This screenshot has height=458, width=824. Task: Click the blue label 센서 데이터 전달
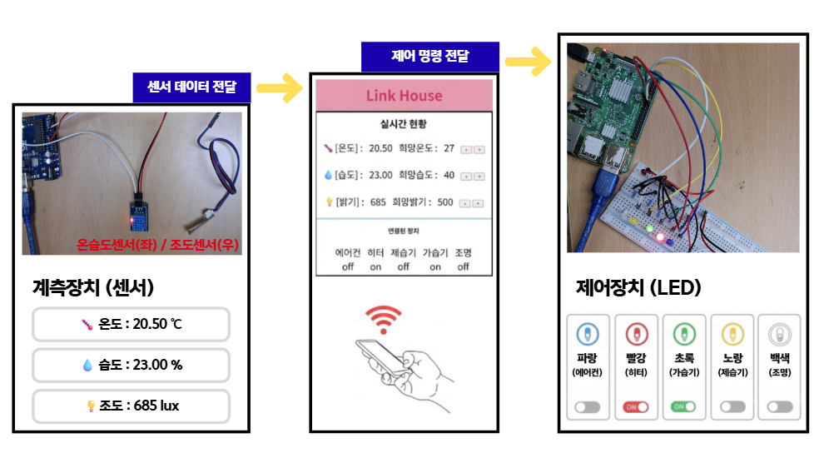click(x=191, y=87)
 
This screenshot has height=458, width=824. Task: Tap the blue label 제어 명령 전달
click(x=429, y=57)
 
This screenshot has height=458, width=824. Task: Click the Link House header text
click(x=404, y=96)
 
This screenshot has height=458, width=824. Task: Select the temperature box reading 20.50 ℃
click(x=131, y=324)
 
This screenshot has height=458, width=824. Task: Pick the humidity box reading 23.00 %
click(x=131, y=365)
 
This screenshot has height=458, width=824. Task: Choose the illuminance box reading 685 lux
click(x=131, y=406)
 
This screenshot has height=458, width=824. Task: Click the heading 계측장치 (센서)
click(x=93, y=288)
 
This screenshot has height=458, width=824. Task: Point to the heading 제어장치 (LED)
click(x=638, y=288)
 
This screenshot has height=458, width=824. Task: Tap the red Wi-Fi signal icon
click(x=383, y=319)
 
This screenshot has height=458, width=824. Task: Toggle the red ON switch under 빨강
click(x=636, y=407)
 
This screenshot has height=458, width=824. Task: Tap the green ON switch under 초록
click(x=683, y=407)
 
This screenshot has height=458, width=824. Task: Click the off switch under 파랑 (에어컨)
click(x=588, y=407)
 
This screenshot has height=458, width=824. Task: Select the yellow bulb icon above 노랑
click(x=732, y=335)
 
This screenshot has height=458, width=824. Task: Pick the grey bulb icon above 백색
click(x=780, y=335)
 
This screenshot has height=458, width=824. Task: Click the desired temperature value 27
click(x=449, y=148)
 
